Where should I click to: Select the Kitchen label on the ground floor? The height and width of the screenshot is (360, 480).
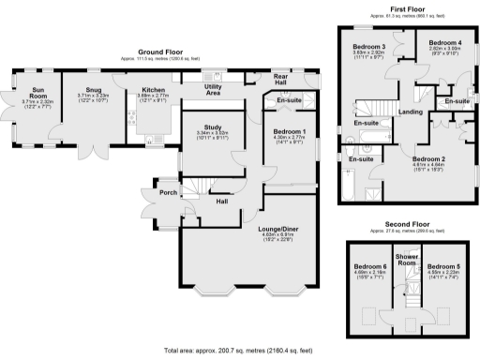tap(151, 91)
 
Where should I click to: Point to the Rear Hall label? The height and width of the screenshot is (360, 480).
tap(280, 80)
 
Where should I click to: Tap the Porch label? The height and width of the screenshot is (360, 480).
tap(169, 193)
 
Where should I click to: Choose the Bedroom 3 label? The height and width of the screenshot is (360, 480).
tap(369, 47)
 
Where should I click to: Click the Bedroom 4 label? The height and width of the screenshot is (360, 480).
tap(445, 44)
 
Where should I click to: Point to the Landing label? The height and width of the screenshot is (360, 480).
tap(410, 112)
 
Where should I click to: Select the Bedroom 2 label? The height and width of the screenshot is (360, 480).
tap(427, 159)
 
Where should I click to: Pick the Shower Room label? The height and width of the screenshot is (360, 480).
tap(406, 259)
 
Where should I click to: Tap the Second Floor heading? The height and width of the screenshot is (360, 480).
tap(407, 225)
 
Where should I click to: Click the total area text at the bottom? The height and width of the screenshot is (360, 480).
tap(239, 352)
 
